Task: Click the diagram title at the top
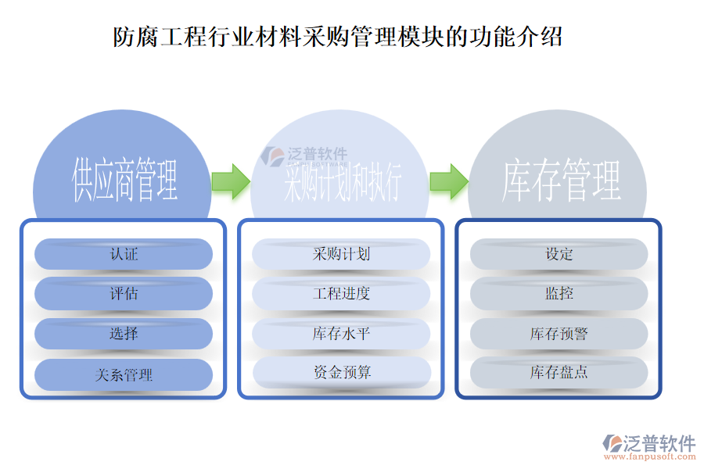338,37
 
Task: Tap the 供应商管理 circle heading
124,180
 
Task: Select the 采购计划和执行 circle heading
342,181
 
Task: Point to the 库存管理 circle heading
561,181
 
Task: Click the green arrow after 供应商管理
230,181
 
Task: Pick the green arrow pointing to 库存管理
448,181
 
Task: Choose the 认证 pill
124,254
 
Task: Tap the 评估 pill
124,294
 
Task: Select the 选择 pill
124,334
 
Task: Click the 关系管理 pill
124,374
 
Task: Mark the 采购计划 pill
341,254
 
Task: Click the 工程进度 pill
341,294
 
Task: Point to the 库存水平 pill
341,334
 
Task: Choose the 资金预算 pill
341,373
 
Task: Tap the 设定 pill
559,254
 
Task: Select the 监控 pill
559,294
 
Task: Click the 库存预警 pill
559,334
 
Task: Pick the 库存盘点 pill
559,373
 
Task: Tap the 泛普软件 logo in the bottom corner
648,443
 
